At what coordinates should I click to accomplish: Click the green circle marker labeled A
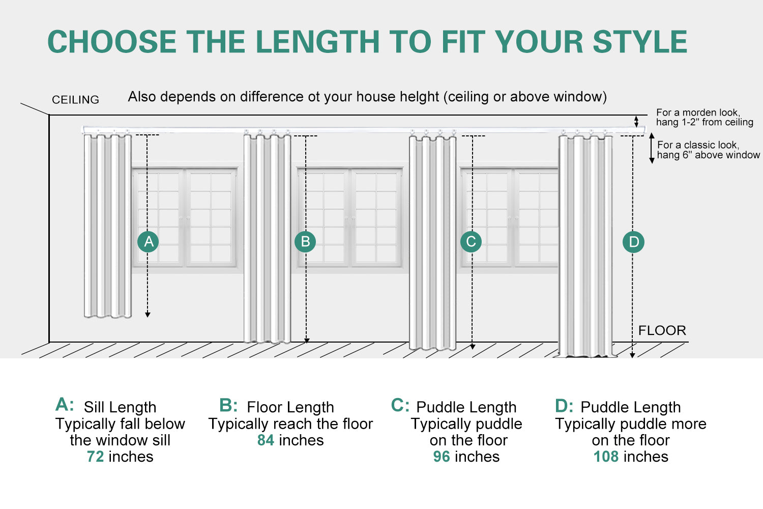[x=148, y=242]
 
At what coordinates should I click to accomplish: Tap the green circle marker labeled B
[x=305, y=242]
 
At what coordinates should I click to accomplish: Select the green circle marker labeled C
[x=471, y=242]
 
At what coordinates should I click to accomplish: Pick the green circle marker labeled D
[x=634, y=242]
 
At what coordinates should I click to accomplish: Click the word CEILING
[x=75, y=100]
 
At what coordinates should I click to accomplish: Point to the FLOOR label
[x=662, y=330]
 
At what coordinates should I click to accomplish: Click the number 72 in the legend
[x=95, y=457]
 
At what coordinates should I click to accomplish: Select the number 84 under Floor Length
[x=266, y=440]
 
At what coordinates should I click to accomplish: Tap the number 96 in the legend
[x=442, y=457]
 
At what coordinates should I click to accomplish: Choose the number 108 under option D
[x=606, y=457]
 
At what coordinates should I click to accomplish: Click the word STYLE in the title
[x=640, y=42]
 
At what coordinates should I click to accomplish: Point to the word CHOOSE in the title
[x=112, y=42]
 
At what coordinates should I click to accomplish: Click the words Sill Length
[x=120, y=407]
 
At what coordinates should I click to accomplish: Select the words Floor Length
[x=290, y=407]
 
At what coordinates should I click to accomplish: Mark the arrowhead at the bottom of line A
[x=148, y=315]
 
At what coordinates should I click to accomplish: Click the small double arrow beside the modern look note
[x=636, y=122]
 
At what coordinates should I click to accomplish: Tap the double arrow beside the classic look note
[x=652, y=148]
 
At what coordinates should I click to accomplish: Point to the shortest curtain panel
[x=108, y=226]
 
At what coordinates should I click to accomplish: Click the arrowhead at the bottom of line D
[x=632, y=355]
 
